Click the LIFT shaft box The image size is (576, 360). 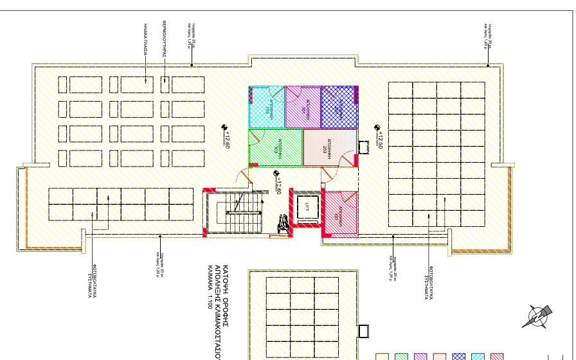point(307,208)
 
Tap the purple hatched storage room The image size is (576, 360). point(302,107)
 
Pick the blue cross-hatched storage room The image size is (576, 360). point(339,107)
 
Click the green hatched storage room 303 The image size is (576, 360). point(275,147)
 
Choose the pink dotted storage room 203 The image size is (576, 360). point(329,148)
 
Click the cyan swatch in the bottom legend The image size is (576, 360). point(479,356)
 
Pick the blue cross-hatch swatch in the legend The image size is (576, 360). point(460,356)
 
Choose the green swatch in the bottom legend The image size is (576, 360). point(402,356)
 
